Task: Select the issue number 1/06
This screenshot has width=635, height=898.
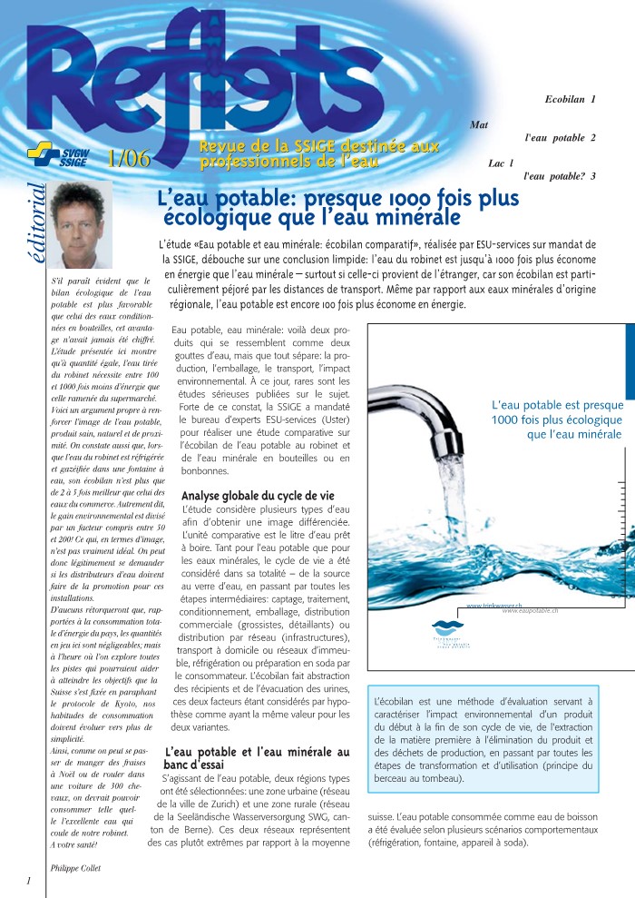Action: click(x=127, y=157)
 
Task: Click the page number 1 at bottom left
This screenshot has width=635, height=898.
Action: click(x=29, y=881)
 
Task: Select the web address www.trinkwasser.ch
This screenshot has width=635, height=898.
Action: click(x=493, y=605)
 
